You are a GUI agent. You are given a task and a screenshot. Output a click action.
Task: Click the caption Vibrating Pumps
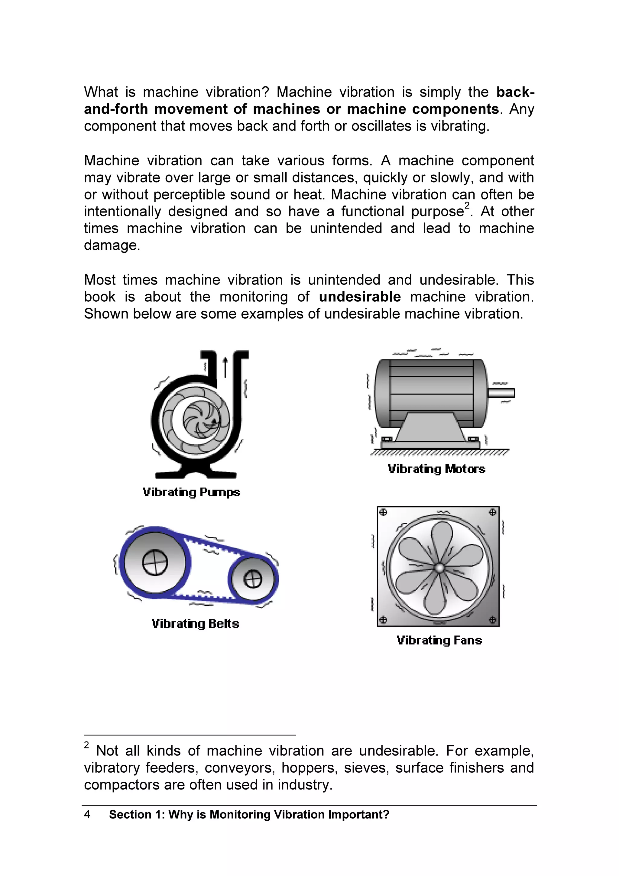tap(191, 492)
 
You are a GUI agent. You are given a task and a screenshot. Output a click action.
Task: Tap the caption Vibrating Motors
tap(436, 469)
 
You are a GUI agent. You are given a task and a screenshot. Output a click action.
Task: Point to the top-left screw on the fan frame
tap(384, 512)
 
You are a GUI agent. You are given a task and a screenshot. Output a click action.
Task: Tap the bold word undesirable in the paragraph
tap(360, 297)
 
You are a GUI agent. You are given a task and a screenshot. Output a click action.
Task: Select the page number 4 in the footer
tap(87, 815)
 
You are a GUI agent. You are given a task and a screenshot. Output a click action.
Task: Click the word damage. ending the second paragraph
tap(112, 245)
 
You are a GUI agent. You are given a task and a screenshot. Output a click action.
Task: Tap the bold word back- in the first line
tap(515, 92)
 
